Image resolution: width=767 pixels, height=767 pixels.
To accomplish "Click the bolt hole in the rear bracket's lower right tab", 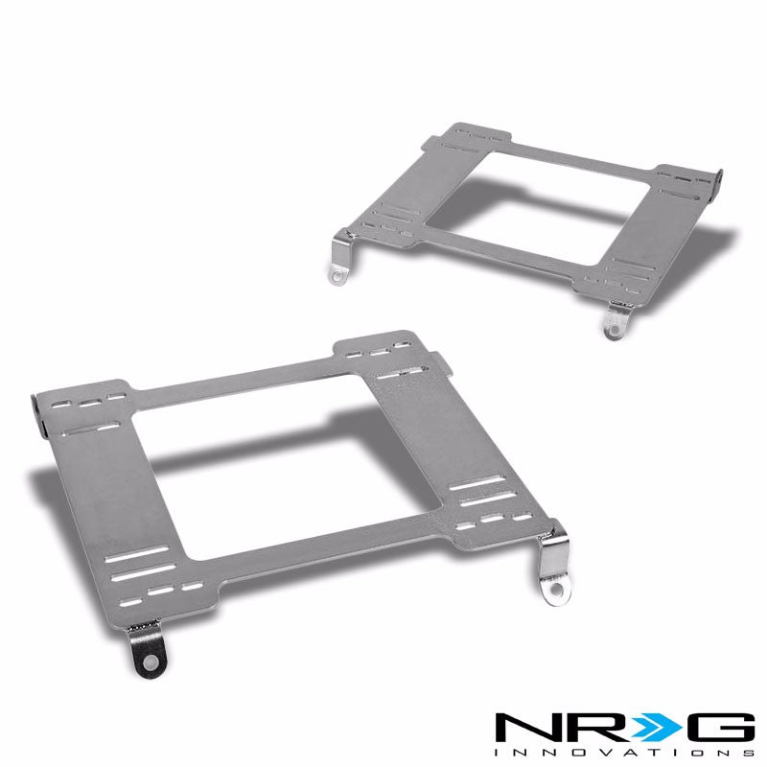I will click(x=612, y=328).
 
